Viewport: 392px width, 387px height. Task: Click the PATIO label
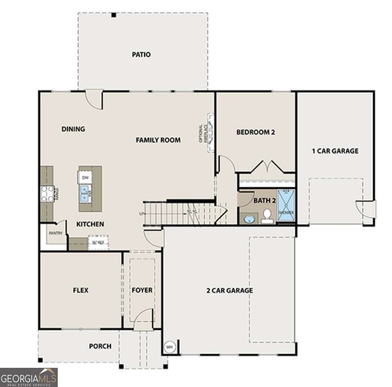141,55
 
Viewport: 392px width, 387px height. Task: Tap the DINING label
73,129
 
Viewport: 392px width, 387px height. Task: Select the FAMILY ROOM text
158,140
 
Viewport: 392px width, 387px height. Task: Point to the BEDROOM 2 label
256,132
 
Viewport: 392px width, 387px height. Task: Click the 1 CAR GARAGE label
335,151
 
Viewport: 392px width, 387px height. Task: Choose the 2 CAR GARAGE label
230,290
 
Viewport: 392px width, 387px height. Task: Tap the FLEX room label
80,290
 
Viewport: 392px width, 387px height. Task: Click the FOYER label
142,290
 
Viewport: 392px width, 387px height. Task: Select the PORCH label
100,346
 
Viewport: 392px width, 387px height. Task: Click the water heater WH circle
169,347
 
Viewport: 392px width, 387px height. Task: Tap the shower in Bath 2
286,205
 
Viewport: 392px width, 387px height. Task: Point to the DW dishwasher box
85,177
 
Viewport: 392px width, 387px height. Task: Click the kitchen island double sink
85,193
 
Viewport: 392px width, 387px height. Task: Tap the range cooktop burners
47,193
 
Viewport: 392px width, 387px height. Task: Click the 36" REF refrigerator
98,242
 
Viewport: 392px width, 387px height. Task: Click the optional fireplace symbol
210,133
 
